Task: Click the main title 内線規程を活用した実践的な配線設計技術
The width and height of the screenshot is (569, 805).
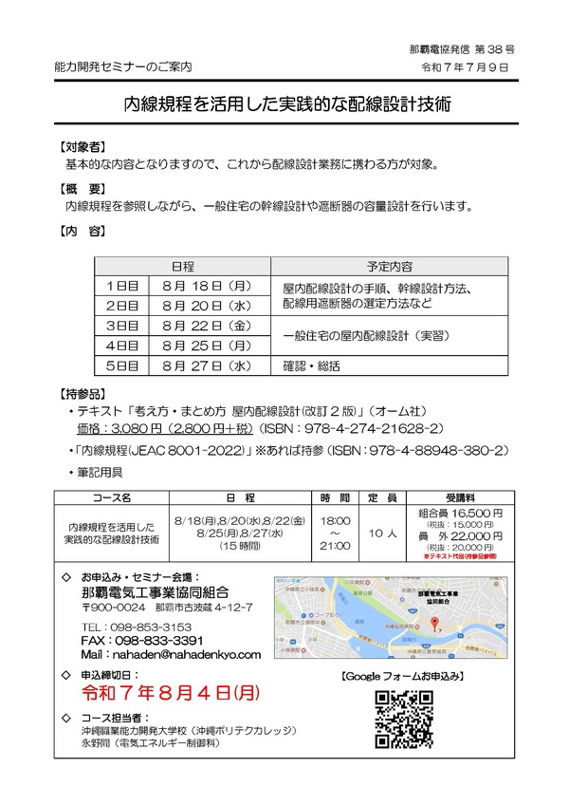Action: (x=284, y=104)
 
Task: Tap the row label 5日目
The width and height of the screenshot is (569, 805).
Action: (x=122, y=365)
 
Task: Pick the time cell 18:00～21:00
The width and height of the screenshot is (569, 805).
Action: (x=336, y=534)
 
